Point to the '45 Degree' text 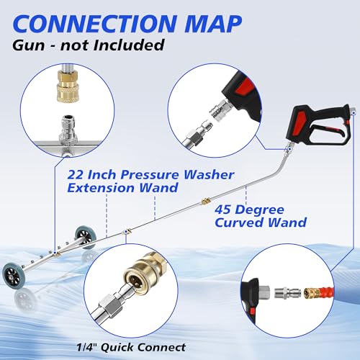(246, 212)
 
